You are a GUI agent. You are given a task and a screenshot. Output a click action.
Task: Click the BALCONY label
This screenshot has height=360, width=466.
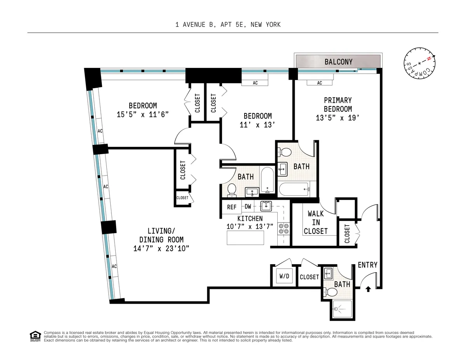338,62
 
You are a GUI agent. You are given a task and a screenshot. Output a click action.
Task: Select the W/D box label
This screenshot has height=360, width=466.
284,277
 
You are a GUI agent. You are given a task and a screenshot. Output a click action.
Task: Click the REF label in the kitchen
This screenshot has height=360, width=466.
232,207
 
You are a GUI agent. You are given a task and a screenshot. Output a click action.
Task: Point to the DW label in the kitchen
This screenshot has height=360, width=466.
247,207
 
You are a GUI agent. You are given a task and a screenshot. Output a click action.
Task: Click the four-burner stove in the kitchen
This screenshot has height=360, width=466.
283,228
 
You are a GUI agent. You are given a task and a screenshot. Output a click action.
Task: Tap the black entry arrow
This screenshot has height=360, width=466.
368,289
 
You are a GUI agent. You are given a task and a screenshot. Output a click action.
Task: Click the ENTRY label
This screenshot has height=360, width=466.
367,265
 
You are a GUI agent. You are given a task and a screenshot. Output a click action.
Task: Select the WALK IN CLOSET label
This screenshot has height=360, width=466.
316,223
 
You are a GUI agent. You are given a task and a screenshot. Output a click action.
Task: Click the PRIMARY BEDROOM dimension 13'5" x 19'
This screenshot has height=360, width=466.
338,118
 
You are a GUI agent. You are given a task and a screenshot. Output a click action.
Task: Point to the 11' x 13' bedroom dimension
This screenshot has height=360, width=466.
257,125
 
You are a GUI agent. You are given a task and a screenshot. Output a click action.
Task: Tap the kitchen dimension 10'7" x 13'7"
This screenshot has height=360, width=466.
250,226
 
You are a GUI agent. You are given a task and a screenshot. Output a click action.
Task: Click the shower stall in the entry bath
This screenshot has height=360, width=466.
342,309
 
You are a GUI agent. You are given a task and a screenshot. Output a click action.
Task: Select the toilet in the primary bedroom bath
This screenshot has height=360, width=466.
285,152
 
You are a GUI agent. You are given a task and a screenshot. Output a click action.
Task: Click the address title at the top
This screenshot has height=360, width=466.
228,25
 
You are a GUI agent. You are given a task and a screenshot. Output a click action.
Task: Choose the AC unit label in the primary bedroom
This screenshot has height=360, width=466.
319,83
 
